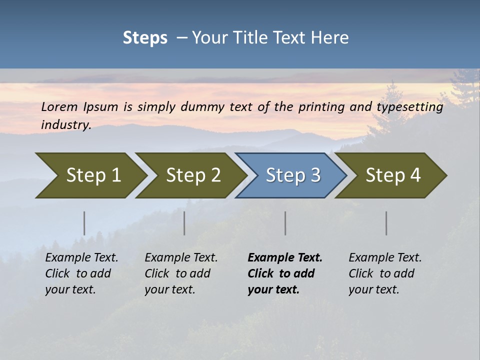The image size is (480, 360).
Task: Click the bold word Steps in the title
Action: (145, 38)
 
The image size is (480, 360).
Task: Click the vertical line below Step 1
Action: (84, 223)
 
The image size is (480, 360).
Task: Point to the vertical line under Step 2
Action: (184, 223)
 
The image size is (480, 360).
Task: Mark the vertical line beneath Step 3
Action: (285, 223)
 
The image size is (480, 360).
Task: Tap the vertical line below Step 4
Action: (386, 223)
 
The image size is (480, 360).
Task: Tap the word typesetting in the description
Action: (410, 107)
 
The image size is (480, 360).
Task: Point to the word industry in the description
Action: (65, 125)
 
